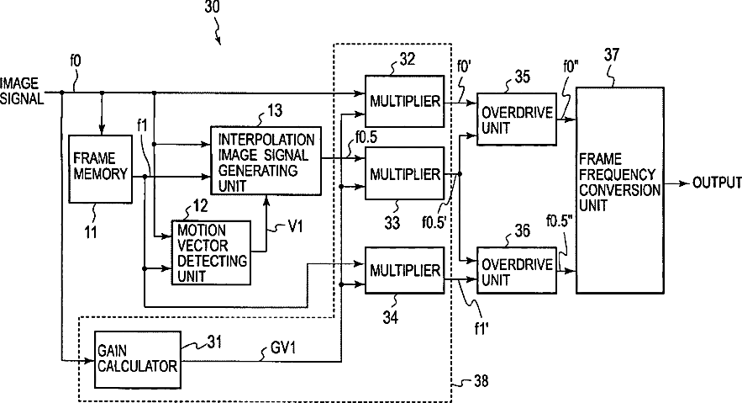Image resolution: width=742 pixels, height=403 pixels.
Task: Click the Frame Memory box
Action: click(100, 169)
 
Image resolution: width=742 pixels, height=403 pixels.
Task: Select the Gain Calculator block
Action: click(138, 359)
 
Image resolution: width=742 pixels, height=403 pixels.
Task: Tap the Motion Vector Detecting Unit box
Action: click(211, 253)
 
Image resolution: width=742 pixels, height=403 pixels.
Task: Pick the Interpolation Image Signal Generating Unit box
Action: click(266, 161)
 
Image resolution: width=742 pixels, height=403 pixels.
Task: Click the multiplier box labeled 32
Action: click(404, 101)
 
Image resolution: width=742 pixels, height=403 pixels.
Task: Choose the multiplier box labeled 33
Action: click(404, 174)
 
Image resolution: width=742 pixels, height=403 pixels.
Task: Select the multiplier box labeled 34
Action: click(404, 270)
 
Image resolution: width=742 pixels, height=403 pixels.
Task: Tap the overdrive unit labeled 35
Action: click(517, 119)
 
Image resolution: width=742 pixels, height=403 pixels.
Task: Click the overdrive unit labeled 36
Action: click(517, 270)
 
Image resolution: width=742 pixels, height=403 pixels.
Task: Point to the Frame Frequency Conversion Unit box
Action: click(620, 190)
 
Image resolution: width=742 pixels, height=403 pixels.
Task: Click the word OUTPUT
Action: click(717, 183)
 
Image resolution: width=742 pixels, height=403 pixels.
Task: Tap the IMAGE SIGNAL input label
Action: click(21, 91)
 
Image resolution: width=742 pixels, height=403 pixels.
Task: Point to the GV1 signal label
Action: click(283, 348)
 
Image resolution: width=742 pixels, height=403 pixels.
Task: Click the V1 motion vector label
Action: click(295, 226)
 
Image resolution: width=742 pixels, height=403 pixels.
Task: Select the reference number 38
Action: click(481, 381)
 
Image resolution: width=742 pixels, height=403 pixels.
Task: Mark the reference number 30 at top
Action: click(213, 7)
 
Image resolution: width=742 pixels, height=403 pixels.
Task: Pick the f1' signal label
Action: click(481, 328)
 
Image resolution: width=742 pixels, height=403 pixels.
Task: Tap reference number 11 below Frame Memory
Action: click(90, 231)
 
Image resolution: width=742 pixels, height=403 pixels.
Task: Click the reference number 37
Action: click(612, 55)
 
